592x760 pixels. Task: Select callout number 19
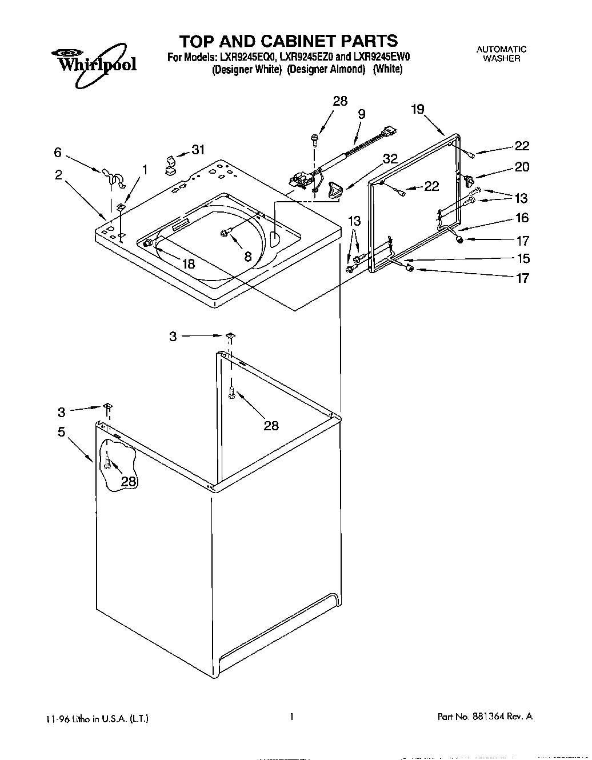pyautogui.click(x=418, y=109)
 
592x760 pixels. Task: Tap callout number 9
pyautogui.click(x=361, y=114)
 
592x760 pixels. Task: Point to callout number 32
pyautogui.click(x=390, y=159)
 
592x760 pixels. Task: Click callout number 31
pyautogui.click(x=198, y=150)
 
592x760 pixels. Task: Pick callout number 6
pyautogui.click(x=58, y=152)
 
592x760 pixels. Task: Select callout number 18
pyautogui.click(x=188, y=263)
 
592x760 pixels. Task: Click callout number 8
pyautogui.click(x=248, y=257)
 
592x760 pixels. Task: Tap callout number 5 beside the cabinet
pyautogui.click(x=62, y=432)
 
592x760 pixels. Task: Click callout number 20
pyautogui.click(x=522, y=167)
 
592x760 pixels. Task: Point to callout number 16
pyautogui.click(x=522, y=218)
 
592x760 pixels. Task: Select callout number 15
pyautogui.click(x=523, y=258)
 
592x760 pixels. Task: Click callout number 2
pyautogui.click(x=59, y=175)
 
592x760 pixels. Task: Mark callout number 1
pyautogui.click(x=145, y=169)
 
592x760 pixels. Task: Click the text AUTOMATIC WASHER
pyautogui.click(x=501, y=54)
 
